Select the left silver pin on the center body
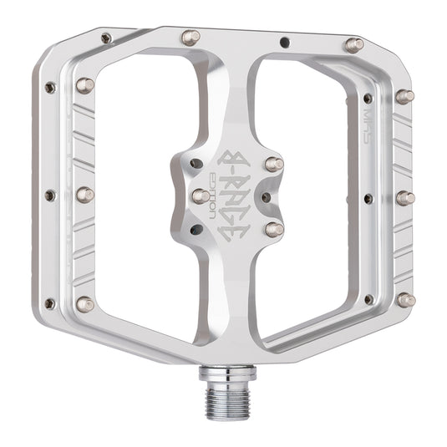click(x=201, y=196)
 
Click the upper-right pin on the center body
click(x=273, y=164)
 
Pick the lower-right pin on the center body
click(x=273, y=228)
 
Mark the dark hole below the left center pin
click(x=196, y=229)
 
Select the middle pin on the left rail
click(x=85, y=195)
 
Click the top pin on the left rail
click(x=84, y=84)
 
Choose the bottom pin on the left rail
click(x=84, y=305)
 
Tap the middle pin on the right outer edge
click(x=405, y=198)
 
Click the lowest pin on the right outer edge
click(x=406, y=300)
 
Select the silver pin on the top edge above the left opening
click(x=190, y=38)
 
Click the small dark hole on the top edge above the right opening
click(x=284, y=39)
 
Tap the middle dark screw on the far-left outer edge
click(x=49, y=195)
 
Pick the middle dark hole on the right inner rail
click(x=368, y=198)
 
